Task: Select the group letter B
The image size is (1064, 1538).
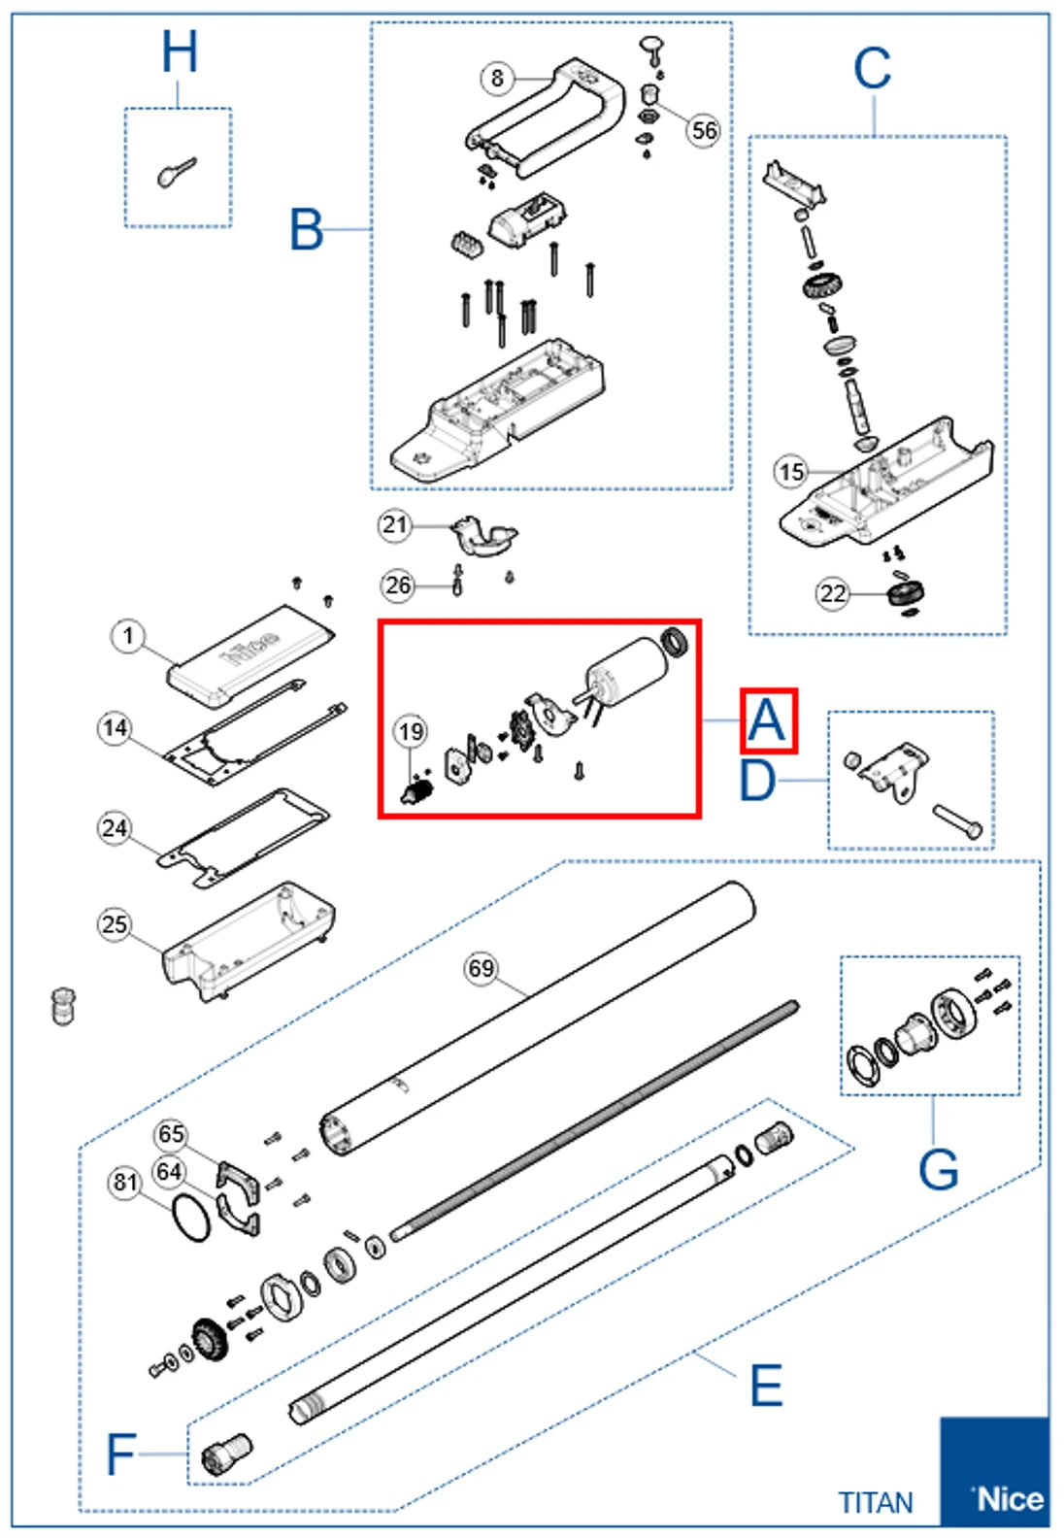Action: tap(307, 230)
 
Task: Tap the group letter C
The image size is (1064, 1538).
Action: tap(872, 70)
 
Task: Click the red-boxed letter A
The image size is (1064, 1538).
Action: tap(768, 721)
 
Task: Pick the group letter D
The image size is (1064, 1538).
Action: tap(758, 781)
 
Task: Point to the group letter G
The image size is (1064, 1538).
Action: tap(938, 1169)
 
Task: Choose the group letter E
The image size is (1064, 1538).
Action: tap(766, 1386)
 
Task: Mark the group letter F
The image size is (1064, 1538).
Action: tap(120, 1454)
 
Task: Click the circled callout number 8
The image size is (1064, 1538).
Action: tap(497, 78)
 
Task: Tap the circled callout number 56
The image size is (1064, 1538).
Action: tap(705, 130)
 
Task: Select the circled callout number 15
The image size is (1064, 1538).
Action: tap(791, 472)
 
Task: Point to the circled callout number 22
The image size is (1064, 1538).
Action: tap(833, 593)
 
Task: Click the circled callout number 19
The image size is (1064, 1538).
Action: tap(411, 731)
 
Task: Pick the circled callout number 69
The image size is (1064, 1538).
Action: tap(482, 968)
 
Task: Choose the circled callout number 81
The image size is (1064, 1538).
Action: tap(125, 1182)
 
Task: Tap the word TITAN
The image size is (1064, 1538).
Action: tap(876, 1503)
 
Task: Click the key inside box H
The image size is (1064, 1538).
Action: tap(176, 173)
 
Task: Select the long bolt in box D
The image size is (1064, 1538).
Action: tap(957, 820)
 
